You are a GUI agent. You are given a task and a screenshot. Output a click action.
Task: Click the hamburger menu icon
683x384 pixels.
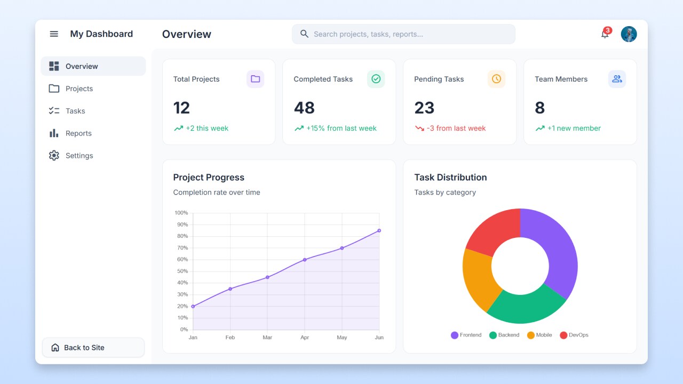54,34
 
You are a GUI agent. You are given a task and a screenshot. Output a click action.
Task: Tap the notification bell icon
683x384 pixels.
605,34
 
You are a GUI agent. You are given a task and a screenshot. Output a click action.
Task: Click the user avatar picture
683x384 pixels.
629,34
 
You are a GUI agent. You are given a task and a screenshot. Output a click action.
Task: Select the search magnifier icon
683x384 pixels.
305,34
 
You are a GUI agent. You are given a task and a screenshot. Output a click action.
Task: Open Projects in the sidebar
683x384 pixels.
79,89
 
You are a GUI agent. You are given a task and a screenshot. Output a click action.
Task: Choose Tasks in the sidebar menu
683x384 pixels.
75,111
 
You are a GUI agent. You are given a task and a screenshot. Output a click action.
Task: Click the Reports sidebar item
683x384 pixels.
78,133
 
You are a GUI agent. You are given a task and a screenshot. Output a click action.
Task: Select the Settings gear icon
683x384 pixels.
54,156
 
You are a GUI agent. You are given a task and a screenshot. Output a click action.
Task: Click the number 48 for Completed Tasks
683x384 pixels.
304,108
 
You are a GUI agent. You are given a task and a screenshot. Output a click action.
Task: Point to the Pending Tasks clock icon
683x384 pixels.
496,79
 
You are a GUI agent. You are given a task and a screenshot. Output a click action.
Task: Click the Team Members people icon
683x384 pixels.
617,79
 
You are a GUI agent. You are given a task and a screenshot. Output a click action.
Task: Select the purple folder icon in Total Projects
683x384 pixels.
255,79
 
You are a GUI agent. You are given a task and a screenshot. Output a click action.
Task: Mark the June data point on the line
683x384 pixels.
379,230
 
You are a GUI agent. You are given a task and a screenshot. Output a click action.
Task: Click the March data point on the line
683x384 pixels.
267,277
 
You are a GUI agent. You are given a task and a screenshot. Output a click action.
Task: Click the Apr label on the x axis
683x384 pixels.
305,338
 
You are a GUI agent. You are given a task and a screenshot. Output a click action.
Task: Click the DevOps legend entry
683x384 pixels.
574,335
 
